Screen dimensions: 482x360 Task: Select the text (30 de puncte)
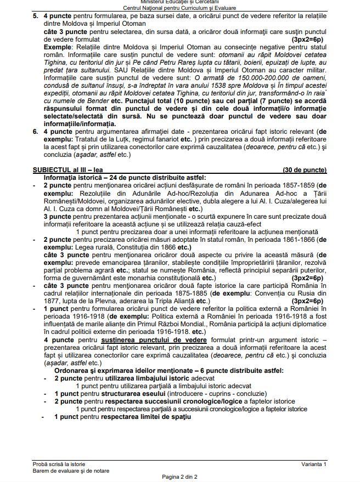click(x=304, y=170)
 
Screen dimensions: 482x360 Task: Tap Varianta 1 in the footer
click(x=313, y=464)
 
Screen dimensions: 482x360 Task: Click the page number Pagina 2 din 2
click(x=179, y=477)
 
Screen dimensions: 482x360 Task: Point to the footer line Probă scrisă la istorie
click(x=59, y=464)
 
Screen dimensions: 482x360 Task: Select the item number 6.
click(x=35, y=132)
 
